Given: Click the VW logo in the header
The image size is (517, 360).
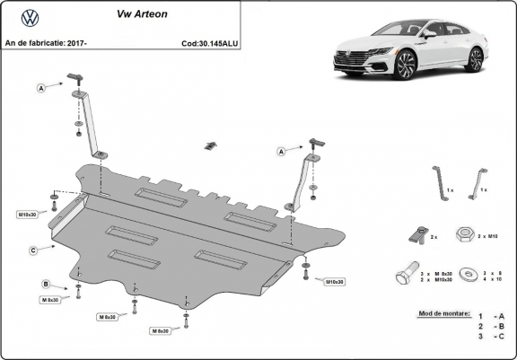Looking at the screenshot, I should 29,19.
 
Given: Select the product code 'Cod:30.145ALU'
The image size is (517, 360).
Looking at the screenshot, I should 209,42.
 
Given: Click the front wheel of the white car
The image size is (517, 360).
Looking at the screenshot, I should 405,65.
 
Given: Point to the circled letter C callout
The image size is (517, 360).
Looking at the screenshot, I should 32,250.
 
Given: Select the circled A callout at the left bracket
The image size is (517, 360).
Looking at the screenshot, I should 41,88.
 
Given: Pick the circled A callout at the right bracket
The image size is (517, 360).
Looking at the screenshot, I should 281,153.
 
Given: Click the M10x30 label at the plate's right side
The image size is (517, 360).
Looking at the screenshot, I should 335,281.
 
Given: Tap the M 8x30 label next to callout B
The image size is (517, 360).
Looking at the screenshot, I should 49,299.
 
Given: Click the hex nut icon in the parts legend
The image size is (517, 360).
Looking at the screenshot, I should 465,234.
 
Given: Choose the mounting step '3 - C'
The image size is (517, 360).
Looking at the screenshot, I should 491,335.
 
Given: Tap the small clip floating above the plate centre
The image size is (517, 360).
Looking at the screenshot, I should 211,145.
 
